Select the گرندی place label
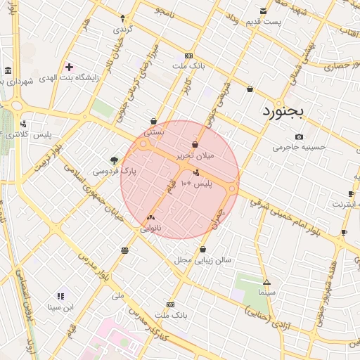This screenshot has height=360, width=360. pos(123,30)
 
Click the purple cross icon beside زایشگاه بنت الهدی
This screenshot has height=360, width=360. pos(69,67)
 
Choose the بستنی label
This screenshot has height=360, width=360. pos(154,131)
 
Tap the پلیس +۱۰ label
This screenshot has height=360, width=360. pos(196,183)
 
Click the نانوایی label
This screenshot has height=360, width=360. pos(151,229)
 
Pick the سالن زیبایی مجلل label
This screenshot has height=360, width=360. pos(203,260)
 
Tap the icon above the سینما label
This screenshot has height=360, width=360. pos(266,281)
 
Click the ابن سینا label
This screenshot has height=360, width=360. pos(60,307)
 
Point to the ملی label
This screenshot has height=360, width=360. pos(117,295)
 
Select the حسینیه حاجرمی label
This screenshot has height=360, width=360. pos(300,148)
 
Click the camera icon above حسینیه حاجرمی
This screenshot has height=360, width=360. pos(300,136)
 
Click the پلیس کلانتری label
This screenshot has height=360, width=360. pos(27,133)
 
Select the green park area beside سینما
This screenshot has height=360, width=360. pos(246,288)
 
